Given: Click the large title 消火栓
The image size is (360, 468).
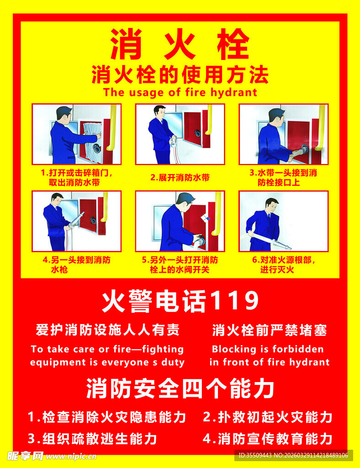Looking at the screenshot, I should (x=180, y=45).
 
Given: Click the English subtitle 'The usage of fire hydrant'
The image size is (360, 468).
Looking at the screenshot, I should (x=180, y=92).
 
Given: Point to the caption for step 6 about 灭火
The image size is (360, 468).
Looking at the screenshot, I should (x=283, y=265).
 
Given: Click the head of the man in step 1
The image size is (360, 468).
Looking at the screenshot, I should (x=64, y=114).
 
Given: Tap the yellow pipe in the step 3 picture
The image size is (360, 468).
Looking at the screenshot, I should (x=322, y=128).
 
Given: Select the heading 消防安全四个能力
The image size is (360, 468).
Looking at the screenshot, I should (x=180, y=389).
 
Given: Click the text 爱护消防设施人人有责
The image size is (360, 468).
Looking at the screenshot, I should (x=107, y=330).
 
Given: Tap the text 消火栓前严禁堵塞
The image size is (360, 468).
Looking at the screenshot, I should (x=270, y=330).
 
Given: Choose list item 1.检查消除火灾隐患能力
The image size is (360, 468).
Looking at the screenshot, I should (x=107, y=417).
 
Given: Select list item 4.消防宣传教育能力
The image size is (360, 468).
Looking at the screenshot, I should (x=267, y=439).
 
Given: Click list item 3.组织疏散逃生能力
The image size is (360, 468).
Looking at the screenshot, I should (x=92, y=439).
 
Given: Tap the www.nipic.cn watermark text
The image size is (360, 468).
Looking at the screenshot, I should (x=71, y=456).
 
